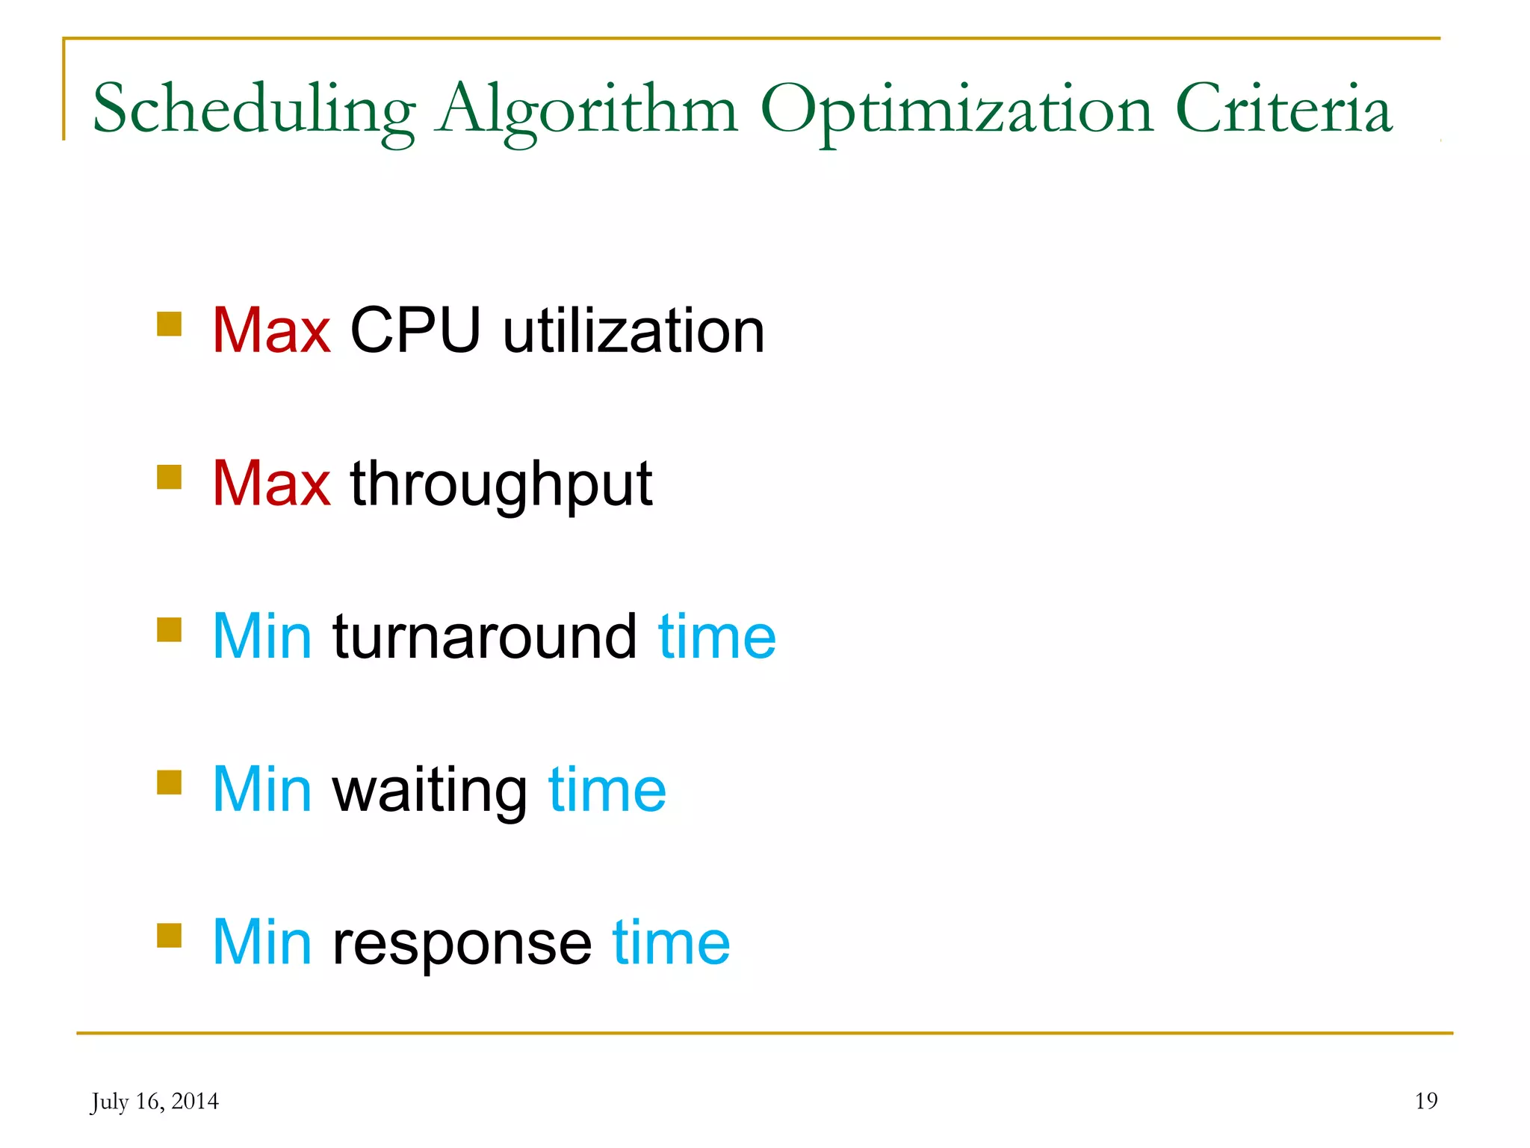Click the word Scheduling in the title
pyautogui.click(x=254, y=111)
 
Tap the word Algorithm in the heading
pyautogui.click(x=587, y=111)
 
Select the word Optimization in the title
pyautogui.click(x=957, y=111)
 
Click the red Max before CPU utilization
pyautogui.click(x=271, y=330)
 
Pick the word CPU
pyautogui.click(x=415, y=330)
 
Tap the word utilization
pyautogui.click(x=634, y=330)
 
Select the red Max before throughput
pyautogui.click(x=271, y=484)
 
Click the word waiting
pyautogui.click(x=430, y=791)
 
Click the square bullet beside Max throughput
pyautogui.click(x=170, y=477)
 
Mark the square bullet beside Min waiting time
pyautogui.click(x=170, y=783)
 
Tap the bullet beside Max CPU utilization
pyautogui.click(x=170, y=324)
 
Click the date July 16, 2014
pyautogui.click(x=155, y=1102)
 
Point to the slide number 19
pyautogui.click(x=1426, y=1101)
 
